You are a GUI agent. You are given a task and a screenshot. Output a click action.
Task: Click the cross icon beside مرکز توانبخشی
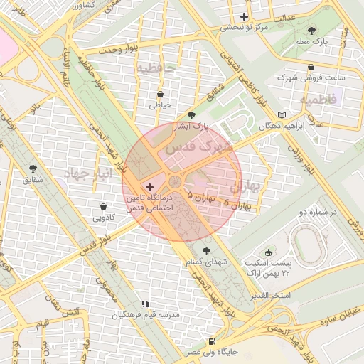pyautogui.click(x=245, y=16)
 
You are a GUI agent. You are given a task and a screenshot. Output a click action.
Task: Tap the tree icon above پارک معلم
pyautogui.click(x=312, y=31)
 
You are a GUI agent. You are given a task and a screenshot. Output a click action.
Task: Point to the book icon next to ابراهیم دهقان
pyautogui.click(x=282, y=114)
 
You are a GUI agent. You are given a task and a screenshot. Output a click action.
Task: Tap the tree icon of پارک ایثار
pyautogui.click(x=191, y=114)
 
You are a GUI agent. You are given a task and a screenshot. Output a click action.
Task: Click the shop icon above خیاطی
pyautogui.click(x=160, y=93)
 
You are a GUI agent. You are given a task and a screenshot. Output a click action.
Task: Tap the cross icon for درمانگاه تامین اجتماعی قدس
pyautogui.click(x=149, y=186)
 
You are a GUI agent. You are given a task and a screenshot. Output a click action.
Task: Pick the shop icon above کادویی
pyautogui.click(x=104, y=206)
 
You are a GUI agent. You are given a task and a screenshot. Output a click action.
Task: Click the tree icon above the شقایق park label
pyautogui.click(x=33, y=168)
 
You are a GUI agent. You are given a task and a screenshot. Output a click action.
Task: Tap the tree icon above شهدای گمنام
pyautogui.click(x=206, y=250)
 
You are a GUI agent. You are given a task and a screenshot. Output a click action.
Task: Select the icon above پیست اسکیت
pyautogui.click(x=268, y=251)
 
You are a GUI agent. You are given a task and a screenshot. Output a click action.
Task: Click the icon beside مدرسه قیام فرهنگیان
pyautogui.click(x=146, y=304)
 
